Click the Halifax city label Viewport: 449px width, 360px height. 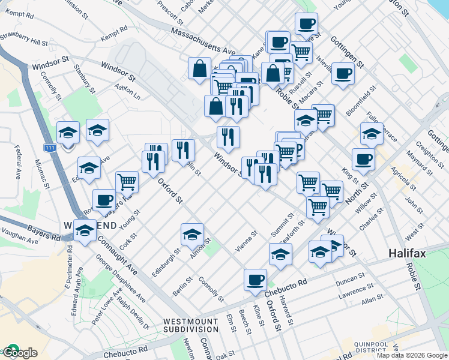(407, 253)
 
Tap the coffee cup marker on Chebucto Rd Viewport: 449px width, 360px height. (255, 280)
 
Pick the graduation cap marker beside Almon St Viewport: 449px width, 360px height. (192, 234)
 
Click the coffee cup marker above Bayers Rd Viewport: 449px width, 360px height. (104, 199)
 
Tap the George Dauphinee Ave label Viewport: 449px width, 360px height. (121, 281)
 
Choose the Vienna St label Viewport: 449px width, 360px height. (245, 240)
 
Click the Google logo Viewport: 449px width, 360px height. (19, 353)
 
